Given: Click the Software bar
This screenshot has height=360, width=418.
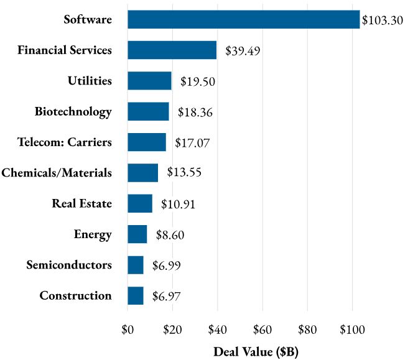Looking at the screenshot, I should [x=243, y=19].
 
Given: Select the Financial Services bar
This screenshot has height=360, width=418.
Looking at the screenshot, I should [x=172, y=50].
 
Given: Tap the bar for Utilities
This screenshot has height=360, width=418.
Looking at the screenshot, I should [x=149, y=81].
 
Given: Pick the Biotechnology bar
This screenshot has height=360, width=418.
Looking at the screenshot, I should [x=148, y=112].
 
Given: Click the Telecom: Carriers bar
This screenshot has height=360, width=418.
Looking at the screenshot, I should [x=147, y=142].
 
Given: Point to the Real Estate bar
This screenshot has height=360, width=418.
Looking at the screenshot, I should [x=140, y=203].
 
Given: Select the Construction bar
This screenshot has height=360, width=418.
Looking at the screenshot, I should [x=136, y=296].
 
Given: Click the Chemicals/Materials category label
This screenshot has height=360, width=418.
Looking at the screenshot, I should [x=57, y=173].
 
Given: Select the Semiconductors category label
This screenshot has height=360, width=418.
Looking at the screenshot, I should [x=69, y=265].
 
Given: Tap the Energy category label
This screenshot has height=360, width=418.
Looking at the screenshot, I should [x=93, y=234].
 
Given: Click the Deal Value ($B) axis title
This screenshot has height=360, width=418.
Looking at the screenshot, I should [x=256, y=351].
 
